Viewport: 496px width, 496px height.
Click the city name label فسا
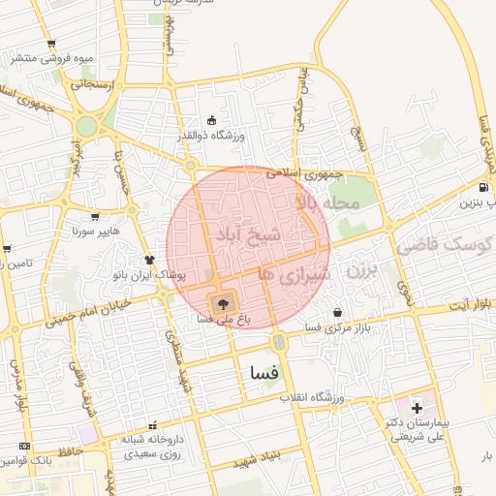[x=264, y=372]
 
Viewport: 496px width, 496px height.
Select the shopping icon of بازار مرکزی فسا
[x=337, y=313]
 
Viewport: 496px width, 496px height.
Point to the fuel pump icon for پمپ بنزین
[x=483, y=188]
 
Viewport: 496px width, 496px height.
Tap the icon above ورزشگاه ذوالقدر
[x=212, y=121]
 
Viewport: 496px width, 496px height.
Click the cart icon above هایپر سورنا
[x=95, y=217]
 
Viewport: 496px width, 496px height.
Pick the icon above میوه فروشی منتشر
[x=51, y=43]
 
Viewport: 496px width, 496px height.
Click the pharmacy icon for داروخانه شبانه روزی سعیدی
[x=151, y=425]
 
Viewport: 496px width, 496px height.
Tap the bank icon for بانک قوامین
[x=25, y=447]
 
